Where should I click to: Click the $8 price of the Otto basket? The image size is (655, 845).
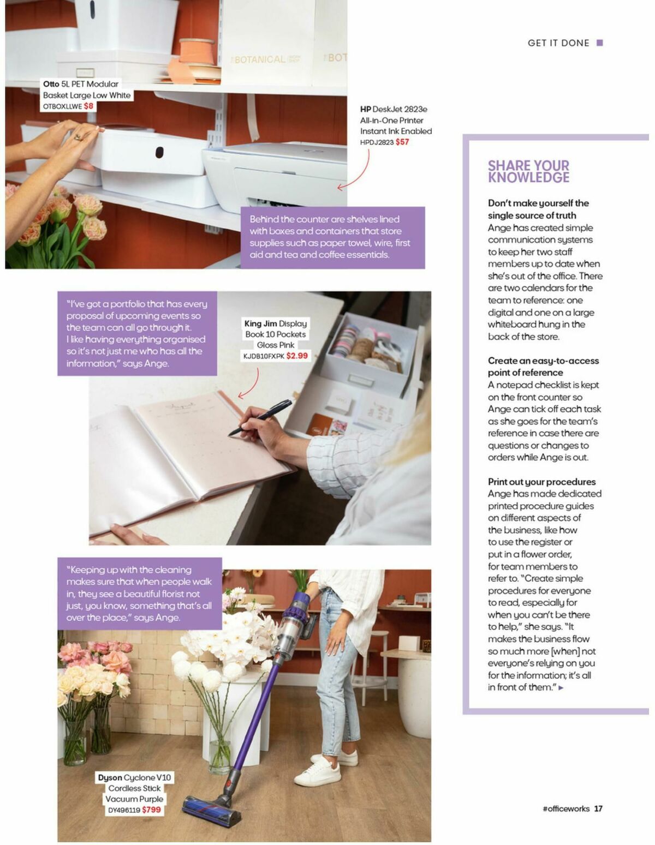tap(89, 106)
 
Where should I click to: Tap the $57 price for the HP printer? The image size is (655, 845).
tap(402, 142)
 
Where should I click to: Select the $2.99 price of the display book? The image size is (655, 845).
tap(297, 356)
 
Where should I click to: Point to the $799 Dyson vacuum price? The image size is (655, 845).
tap(151, 810)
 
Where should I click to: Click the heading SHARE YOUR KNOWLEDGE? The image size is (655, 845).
tap(528, 171)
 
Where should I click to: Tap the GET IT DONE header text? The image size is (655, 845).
tap(558, 43)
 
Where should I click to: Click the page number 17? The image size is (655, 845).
tap(598, 808)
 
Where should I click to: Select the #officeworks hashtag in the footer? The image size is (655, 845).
tap(565, 808)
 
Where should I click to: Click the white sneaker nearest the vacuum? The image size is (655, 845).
tap(317, 774)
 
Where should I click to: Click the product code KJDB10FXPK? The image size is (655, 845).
tap(264, 356)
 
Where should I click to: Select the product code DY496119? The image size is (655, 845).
tap(124, 810)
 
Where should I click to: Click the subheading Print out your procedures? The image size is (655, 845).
tap(541, 482)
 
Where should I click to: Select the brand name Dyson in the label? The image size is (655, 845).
tap(110, 777)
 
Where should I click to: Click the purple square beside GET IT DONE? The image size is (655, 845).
tap(599, 43)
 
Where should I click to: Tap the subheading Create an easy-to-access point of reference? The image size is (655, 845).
tap(543, 367)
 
